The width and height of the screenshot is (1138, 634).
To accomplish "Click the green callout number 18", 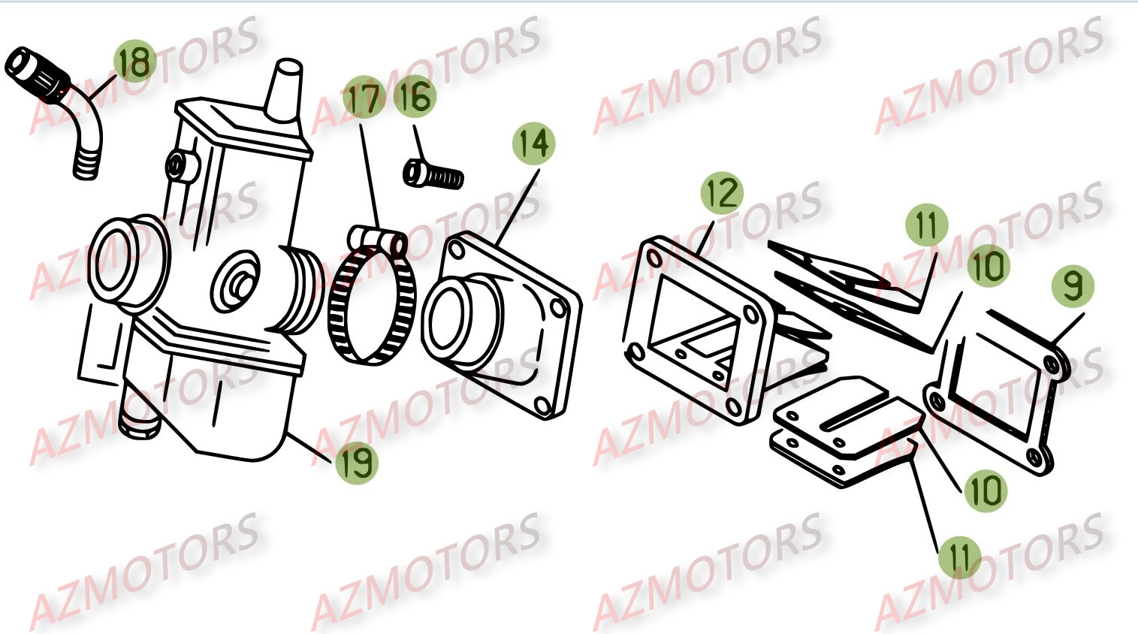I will (x=135, y=62).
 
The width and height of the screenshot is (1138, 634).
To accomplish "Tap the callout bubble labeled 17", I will (x=364, y=98).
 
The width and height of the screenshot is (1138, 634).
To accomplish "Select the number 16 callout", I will (x=414, y=98).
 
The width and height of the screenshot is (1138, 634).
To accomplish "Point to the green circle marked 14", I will (x=534, y=143).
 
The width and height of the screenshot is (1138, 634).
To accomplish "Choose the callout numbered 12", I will (x=722, y=193).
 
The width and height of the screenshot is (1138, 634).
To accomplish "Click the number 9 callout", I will (x=1073, y=286).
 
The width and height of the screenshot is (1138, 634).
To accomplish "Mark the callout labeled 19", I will (x=356, y=462).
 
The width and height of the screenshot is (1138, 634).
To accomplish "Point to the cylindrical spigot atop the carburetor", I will (x=285, y=90).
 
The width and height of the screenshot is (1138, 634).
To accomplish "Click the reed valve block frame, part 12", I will (x=699, y=331).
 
